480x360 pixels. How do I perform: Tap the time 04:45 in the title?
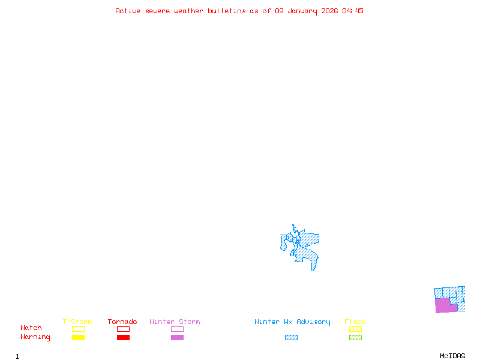tap(353, 11)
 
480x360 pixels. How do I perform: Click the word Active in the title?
tap(128, 11)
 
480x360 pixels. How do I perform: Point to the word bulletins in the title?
tap(227, 11)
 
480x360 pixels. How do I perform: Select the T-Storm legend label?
tap(77, 322)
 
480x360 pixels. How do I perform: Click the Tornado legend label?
tap(122, 322)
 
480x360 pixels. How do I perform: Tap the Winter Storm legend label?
tap(175, 322)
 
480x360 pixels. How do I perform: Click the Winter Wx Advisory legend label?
tap(292, 322)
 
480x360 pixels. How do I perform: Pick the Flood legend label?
tap(355, 322)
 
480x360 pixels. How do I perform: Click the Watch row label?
tap(31, 328)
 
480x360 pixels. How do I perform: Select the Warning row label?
tap(35, 337)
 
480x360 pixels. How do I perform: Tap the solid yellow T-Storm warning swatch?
tap(78, 338)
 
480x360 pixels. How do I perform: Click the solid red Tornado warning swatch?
tap(123, 338)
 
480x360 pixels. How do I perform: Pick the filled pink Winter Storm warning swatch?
tap(177, 338)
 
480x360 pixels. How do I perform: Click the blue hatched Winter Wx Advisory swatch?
tap(291, 338)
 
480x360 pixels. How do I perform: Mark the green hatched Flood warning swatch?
tap(355, 338)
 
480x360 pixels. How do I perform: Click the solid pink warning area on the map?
tap(443, 305)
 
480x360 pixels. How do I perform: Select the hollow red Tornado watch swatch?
tap(123, 329)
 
